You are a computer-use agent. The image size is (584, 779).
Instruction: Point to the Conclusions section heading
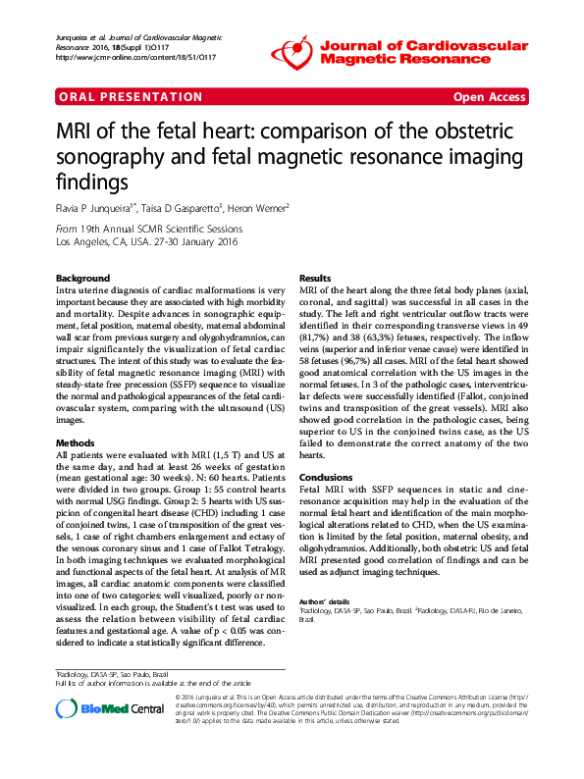click(x=326, y=478)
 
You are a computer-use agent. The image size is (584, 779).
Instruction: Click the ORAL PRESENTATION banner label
click(x=117, y=97)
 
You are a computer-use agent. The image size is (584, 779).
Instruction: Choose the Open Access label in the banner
click(x=489, y=97)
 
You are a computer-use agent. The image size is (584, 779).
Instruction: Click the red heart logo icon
click(x=292, y=48)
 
